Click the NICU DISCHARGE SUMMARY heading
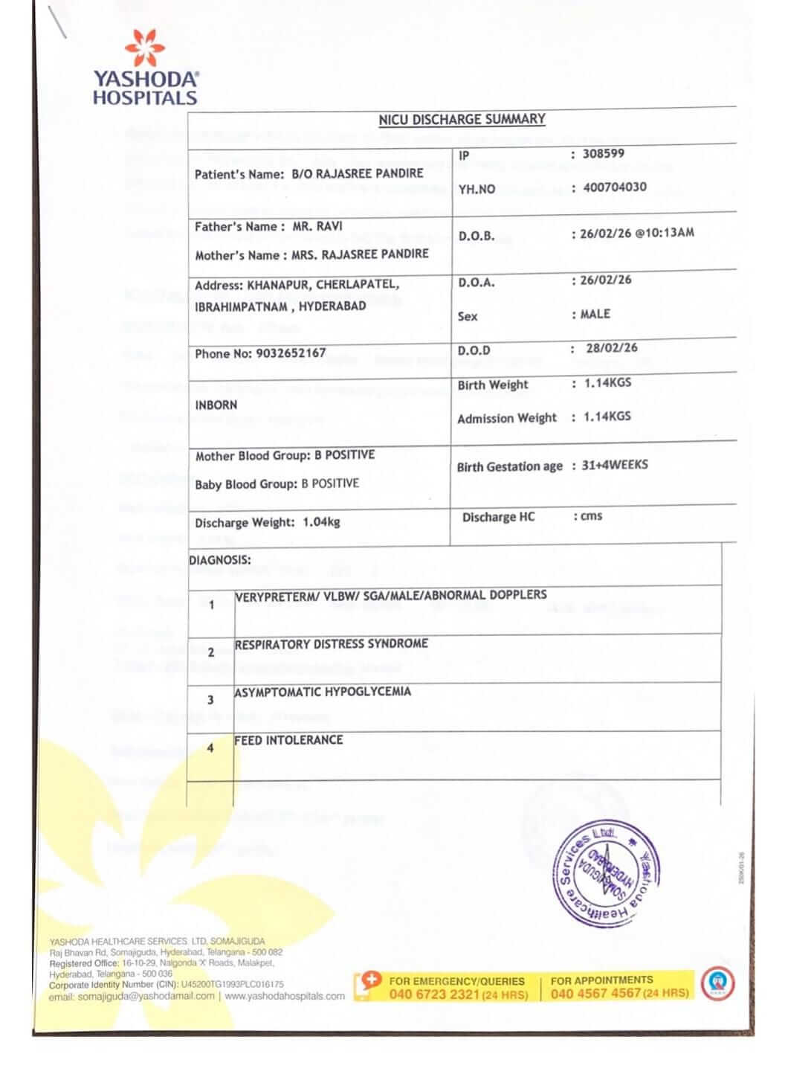462,119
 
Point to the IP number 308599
603,154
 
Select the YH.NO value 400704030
614,187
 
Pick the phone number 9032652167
291,353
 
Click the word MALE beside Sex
595,315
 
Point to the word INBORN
216,405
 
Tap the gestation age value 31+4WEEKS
614,466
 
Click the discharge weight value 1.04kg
321,522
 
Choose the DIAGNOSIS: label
220,560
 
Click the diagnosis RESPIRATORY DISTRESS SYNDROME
332,644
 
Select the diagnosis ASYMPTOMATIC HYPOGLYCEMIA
323,692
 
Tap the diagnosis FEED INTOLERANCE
288,741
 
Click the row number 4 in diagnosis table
210,748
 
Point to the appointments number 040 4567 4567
595,993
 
